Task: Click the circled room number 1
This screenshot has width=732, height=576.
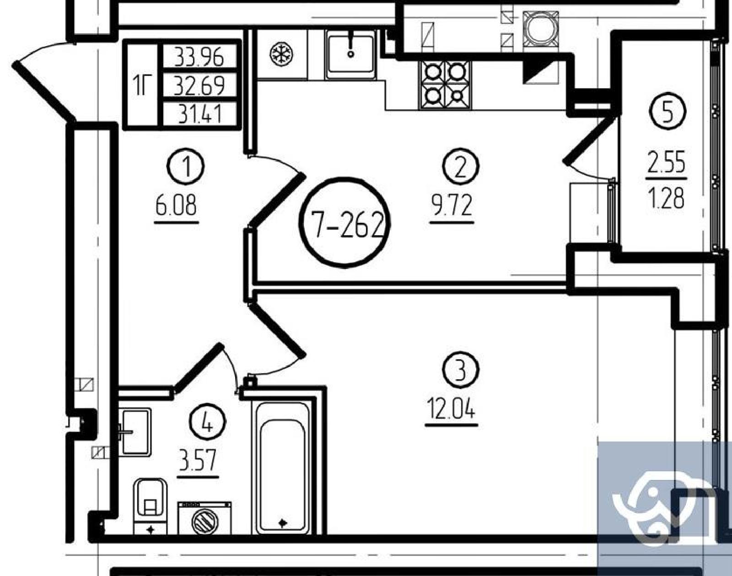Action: click(x=185, y=167)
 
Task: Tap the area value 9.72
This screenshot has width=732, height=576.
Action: click(x=452, y=206)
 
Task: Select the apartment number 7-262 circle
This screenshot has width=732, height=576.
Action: click(x=344, y=222)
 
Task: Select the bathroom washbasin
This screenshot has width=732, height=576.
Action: click(x=135, y=432)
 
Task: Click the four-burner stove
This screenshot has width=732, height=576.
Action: click(x=446, y=85)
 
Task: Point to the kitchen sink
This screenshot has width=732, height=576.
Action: click(x=351, y=54)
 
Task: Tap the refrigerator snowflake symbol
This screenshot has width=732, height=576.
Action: click(x=282, y=54)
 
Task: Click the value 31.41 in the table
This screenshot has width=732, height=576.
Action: click(x=199, y=113)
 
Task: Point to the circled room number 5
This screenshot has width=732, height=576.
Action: click(x=667, y=111)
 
